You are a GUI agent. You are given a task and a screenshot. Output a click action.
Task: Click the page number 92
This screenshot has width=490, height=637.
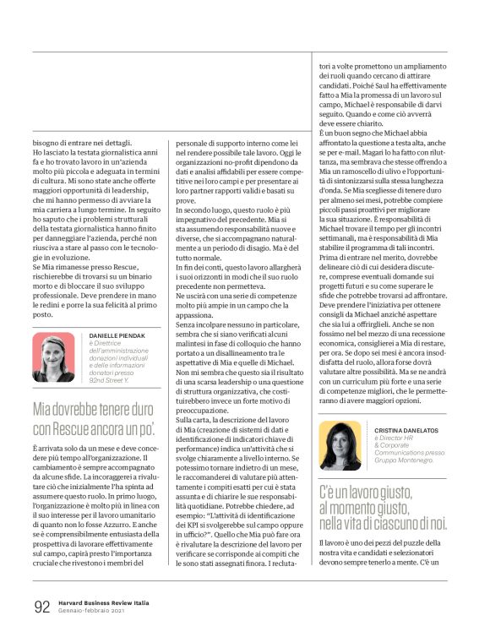click(41, 607)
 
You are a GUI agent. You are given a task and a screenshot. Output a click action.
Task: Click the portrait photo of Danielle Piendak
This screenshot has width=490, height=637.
click(54, 358)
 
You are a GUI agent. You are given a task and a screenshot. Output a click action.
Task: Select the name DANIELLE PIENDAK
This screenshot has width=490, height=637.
click(118, 336)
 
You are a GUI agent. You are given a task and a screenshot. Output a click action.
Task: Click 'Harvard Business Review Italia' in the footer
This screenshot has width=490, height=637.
click(106, 602)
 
